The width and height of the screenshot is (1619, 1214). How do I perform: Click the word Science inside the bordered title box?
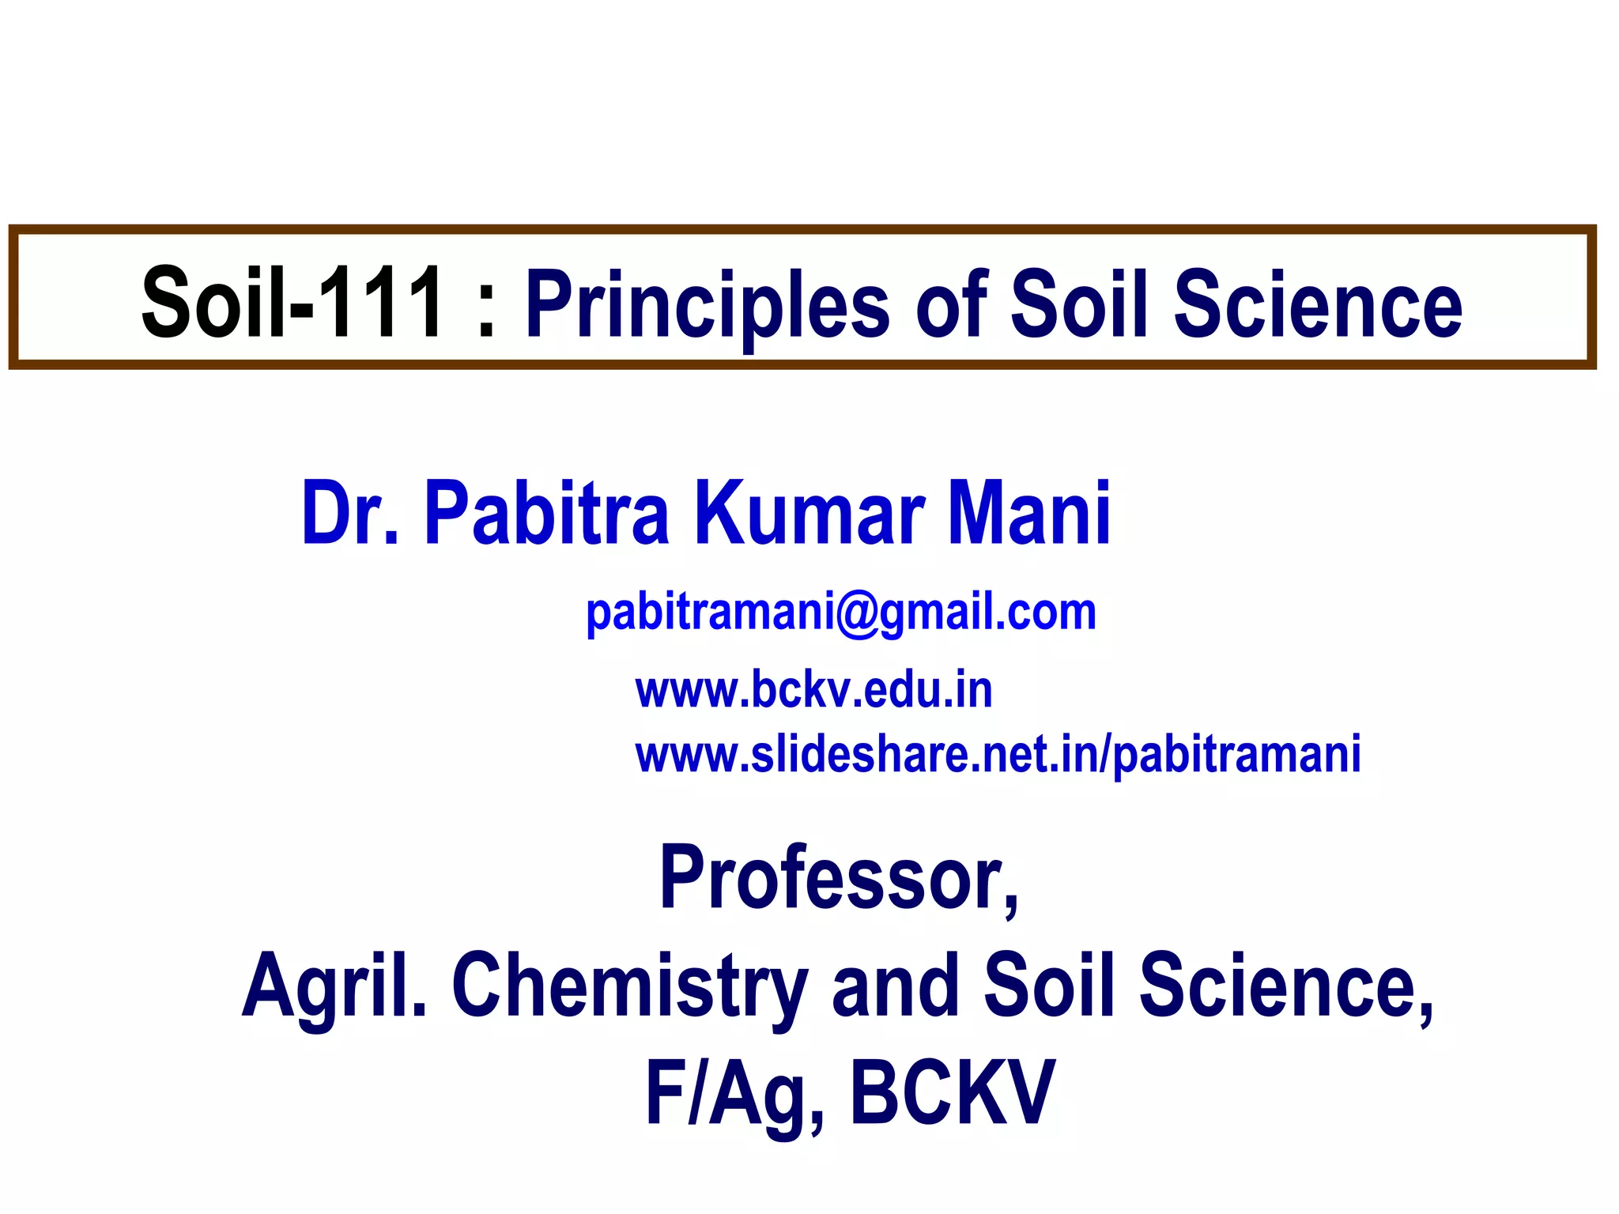[x=1318, y=304]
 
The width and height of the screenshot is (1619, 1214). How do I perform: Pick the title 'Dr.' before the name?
[x=350, y=514]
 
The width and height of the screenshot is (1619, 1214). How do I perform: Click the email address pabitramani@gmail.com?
[x=841, y=613]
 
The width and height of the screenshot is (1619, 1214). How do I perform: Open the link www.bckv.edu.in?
[x=813, y=690]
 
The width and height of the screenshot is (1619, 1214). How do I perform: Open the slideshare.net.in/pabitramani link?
[x=998, y=755]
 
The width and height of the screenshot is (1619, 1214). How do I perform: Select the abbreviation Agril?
[x=334, y=986]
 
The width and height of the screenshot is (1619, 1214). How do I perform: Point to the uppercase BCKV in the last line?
[x=952, y=1094]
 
